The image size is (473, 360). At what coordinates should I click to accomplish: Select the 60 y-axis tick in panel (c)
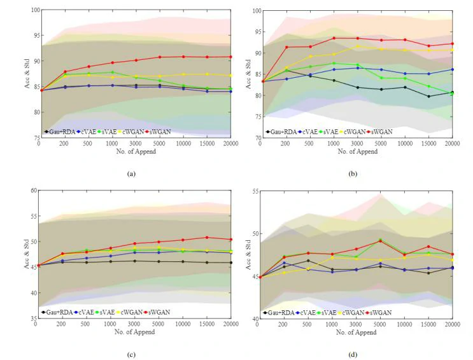click(x=34, y=191)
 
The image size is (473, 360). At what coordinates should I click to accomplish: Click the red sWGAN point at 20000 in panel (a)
click(x=230, y=57)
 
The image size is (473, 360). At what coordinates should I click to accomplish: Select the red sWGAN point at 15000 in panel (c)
click(x=206, y=238)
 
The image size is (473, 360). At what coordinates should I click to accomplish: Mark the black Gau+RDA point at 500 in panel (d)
click(x=308, y=261)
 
